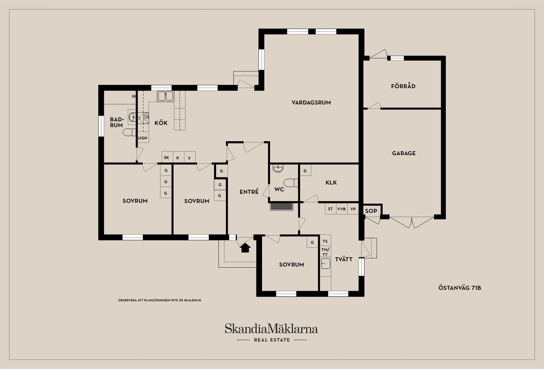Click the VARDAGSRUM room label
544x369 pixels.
coord(311,103)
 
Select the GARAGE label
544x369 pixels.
coord(404,153)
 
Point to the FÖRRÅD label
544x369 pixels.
coord(403,86)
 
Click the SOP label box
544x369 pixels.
coord(371,211)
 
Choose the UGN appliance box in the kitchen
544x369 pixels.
coord(143,138)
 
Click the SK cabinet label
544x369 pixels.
coord(167,158)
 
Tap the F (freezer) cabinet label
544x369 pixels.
coord(190,158)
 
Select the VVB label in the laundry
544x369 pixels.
coord(341,209)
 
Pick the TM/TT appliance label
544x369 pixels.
coord(325,252)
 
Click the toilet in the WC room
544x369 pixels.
coord(291,183)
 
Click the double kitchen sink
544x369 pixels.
coord(165,96)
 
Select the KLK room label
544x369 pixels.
coord(331,183)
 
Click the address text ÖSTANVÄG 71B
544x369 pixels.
coord(460,288)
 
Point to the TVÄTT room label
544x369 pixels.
coord(344,259)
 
